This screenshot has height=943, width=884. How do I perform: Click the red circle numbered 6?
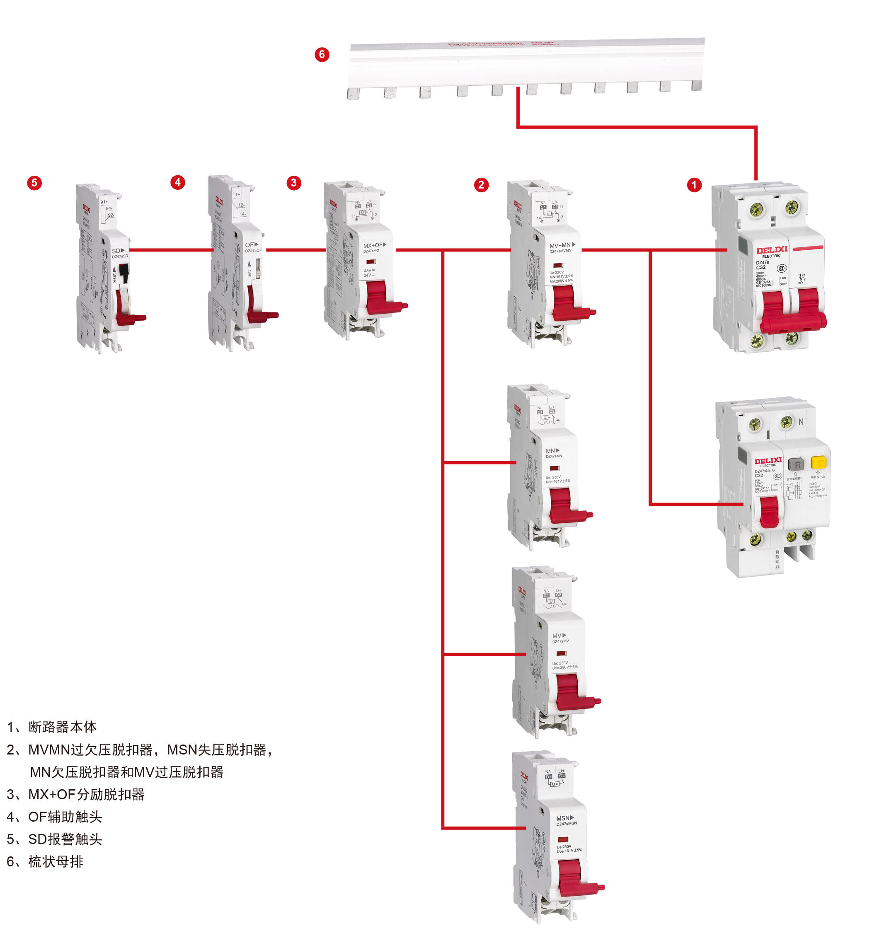(x=322, y=55)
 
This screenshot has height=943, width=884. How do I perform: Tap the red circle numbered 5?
(x=34, y=183)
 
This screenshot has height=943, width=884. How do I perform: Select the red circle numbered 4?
(x=177, y=182)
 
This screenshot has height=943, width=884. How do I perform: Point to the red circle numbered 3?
(x=294, y=183)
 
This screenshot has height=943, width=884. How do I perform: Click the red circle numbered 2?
(x=481, y=184)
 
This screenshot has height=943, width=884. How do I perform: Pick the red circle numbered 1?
(x=694, y=184)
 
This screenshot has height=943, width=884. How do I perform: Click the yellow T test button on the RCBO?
(x=819, y=462)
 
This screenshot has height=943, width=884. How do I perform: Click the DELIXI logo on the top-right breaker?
(x=772, y=250)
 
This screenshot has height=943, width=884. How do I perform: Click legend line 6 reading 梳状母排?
(x=45, y=861)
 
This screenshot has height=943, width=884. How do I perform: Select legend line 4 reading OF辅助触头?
(x=54, y=816)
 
